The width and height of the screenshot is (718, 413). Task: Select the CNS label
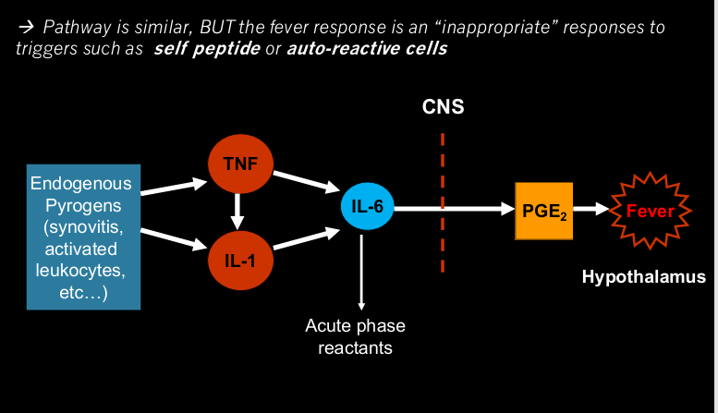[443, 107]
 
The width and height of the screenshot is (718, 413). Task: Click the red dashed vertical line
[443, 203]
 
